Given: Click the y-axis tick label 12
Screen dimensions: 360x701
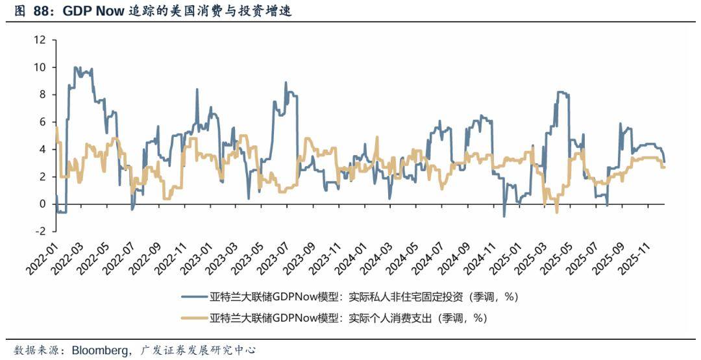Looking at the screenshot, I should click(40, 40).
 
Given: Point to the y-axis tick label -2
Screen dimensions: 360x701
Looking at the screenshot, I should click(40, 231).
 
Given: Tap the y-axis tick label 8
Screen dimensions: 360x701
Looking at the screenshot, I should click(42, 94).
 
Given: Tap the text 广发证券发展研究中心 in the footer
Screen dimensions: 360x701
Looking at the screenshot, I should click(199, 350).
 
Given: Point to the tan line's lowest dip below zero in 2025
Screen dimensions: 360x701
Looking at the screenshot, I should click(556, 211).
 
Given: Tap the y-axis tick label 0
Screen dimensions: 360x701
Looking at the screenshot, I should click(42, 204).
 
